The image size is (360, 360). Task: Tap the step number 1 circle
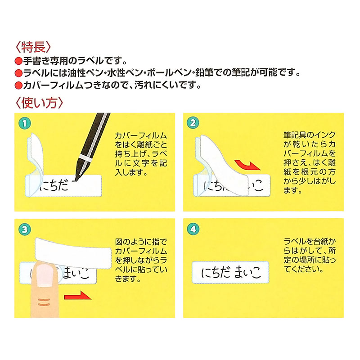(26, 123)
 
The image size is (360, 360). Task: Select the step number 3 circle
(26, 229)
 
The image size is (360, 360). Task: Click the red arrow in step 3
(77, 296)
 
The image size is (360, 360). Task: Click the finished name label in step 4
(230, 272)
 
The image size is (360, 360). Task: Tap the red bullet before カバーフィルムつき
(18, 85)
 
